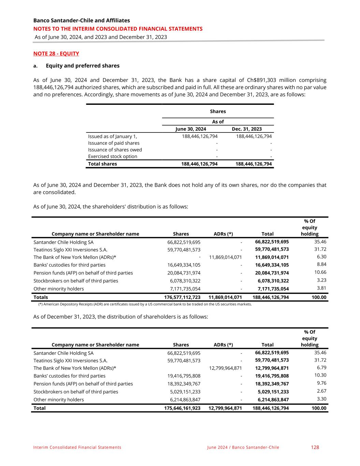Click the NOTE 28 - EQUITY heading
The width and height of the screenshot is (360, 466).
pyautogui.click(x=56, y=54)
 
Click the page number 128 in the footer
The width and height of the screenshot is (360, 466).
pyautogui.click(x=315, y=447)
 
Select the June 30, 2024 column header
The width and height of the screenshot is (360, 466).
pyautogui.click(x=190, y=129)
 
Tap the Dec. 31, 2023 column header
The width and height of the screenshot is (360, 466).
pyautogui.click(x=247, y=129)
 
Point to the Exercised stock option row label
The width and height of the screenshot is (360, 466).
pyautogui.click(x=113, y=156)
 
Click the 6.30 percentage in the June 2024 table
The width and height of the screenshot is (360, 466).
pyautogui.click(x=321, y=257)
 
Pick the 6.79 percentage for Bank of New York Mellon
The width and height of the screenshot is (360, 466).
pyautogui.click(x=321, y=368)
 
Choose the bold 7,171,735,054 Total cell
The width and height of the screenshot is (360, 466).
pyautogui.click(x=273, y=289)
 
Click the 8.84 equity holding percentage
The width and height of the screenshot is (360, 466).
pyautogui.click(x=321, y=264)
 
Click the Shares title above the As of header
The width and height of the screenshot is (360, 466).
pyautogui.click(x=218, y=111)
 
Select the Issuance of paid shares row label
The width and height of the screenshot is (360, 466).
pyautogui.click(x=114, y=143)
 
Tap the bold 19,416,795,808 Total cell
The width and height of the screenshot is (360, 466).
pyautogui.click(x=272, y=376)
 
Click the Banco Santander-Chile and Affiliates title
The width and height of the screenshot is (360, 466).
pyautogui.click(x=82, y=20)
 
